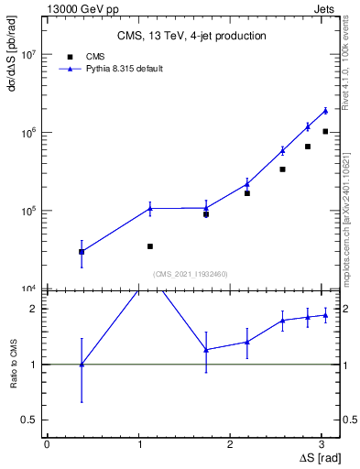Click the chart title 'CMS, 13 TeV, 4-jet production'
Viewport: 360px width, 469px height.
tap(191, 37)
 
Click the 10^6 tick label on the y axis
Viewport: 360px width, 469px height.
tap(27, 133)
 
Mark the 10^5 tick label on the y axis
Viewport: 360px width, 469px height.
tap(27, 211)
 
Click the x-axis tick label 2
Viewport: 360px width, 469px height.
tap(233, 444)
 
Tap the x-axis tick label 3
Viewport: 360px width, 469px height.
tap(325, 444)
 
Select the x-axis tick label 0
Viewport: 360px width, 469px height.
tap(47, 444)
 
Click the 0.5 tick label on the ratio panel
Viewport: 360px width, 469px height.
tap(28, 420)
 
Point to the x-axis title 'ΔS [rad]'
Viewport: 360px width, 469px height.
tap(319, 457)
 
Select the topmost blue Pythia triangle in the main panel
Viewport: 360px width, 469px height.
tap(325, 111)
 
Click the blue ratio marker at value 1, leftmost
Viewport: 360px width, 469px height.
tap(82, 365)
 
